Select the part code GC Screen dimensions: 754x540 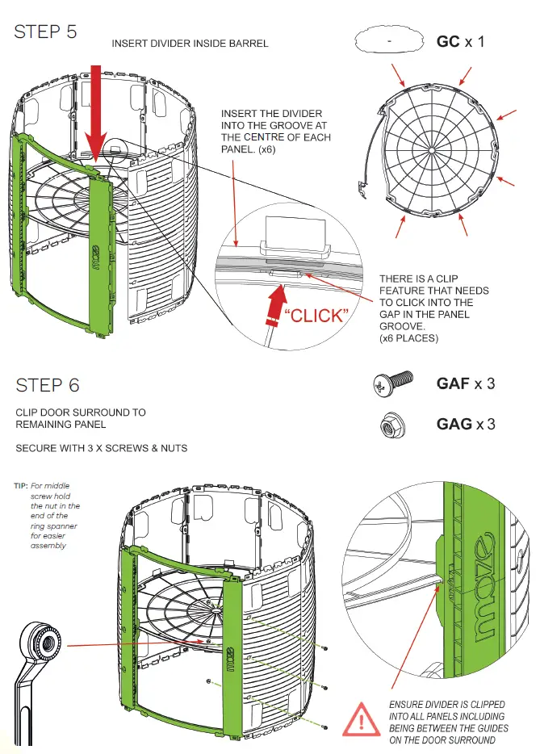coord(448,40)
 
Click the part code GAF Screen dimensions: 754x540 coord(453,383)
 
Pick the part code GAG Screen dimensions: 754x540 coord(454,424)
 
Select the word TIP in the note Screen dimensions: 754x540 coord(21,486)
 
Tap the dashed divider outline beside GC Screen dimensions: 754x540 coord(389,39)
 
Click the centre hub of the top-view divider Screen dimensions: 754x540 coord(433,149)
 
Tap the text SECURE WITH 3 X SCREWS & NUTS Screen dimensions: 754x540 coord(102,448)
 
